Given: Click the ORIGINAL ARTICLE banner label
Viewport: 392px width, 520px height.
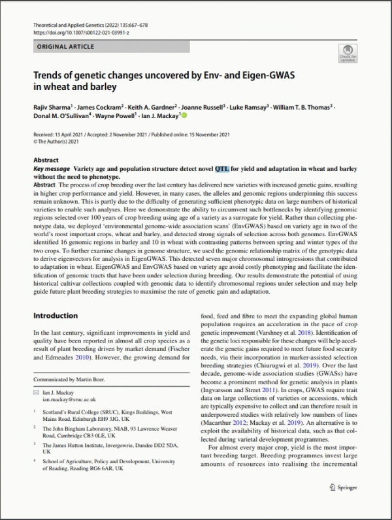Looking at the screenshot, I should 65,47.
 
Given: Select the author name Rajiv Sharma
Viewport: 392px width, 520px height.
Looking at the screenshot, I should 52,106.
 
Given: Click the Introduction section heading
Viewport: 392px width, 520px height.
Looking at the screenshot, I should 56,316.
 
